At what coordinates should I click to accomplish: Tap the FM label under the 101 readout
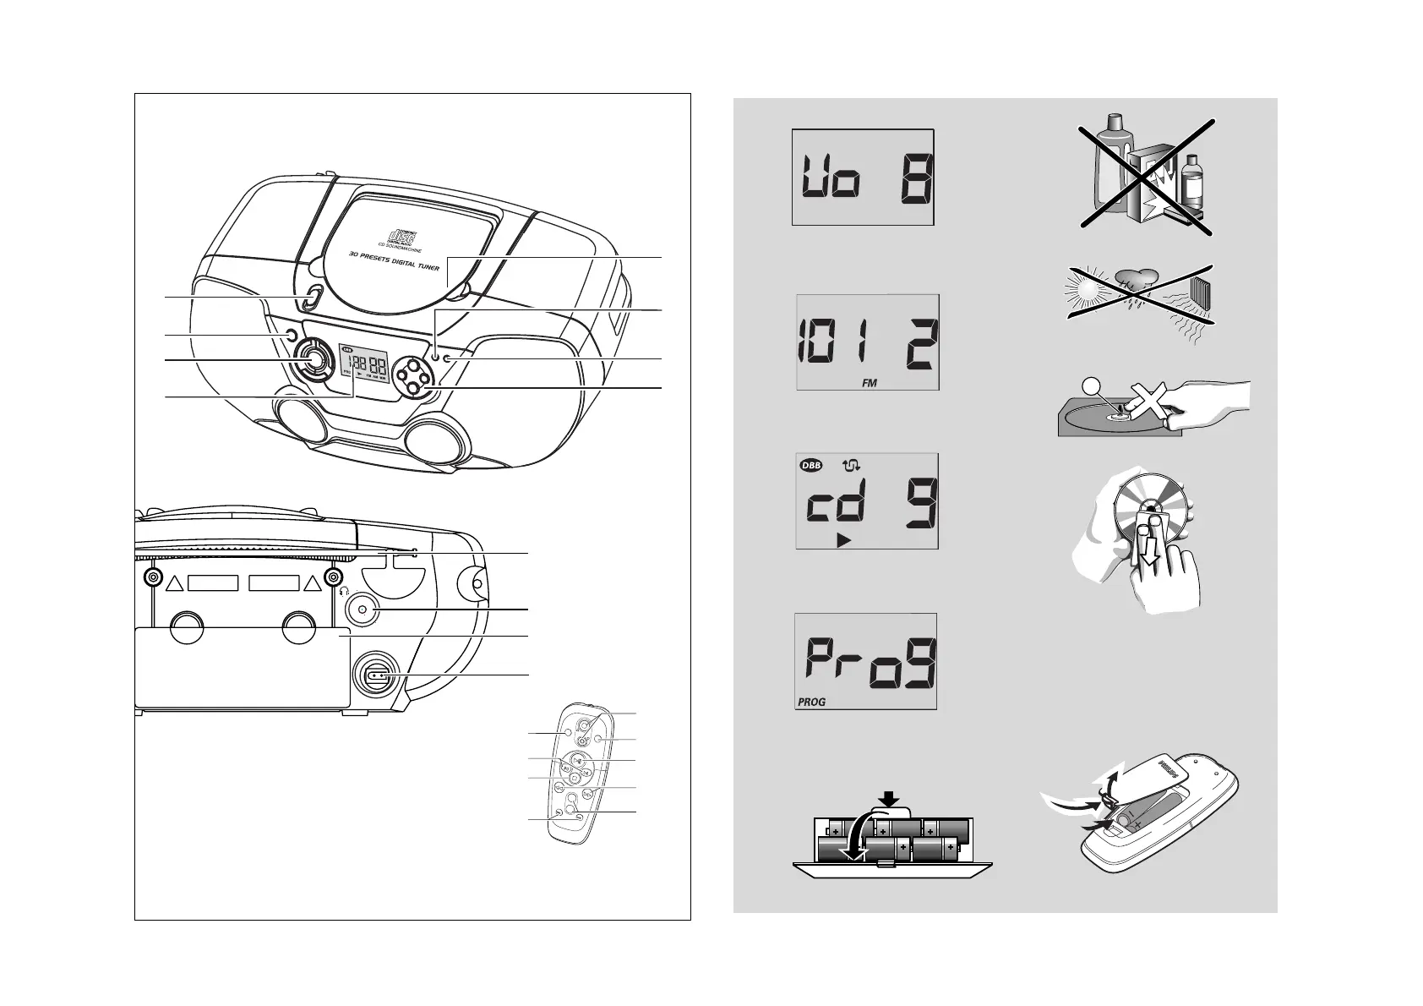869,383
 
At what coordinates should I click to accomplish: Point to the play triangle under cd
842,540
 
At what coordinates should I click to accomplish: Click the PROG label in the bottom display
811,702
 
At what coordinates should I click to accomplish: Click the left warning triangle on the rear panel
174,583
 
